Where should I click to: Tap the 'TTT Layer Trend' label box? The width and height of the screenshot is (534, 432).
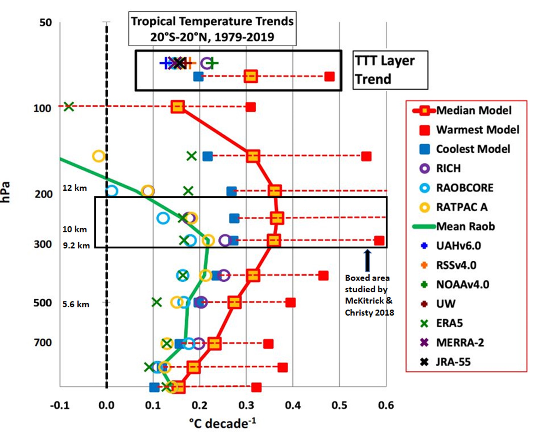tap(390, 70)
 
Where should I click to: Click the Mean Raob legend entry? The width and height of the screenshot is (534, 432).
tap(465, 226)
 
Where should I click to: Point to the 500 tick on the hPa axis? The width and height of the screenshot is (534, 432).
tap(43, 303)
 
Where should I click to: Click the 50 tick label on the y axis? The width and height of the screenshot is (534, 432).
tap(46, 22)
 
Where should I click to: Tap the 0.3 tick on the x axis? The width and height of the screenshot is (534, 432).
tap(246, 406)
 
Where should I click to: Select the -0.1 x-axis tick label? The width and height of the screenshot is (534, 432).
tap(60, 406)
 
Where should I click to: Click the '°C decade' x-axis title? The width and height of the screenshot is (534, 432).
tap(222, 423)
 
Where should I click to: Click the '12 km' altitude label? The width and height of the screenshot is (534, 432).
tap(75, 188)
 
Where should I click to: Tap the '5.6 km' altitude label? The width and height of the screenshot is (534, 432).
tap(76, 304)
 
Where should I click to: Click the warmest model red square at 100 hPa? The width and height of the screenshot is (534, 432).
tap(251, 107)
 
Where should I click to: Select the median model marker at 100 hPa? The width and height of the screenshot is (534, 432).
tap(177, 107)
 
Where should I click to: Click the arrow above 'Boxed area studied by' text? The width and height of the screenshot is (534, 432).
tap(367, 260)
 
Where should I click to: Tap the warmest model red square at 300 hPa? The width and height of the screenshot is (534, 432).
tap(379, 240)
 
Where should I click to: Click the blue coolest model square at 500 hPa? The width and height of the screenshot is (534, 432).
tap(199, 302)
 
